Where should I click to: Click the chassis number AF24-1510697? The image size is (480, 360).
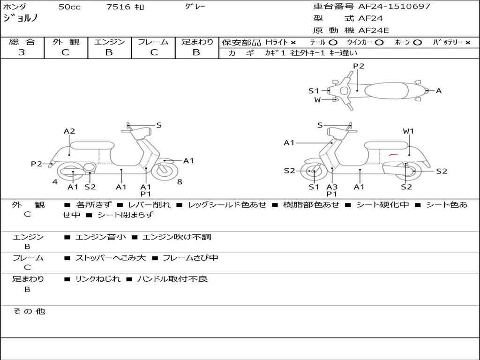tap(394, 6)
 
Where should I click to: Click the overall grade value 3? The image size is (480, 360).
tap(22, 52)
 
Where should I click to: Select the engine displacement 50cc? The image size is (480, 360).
tap(69, 7)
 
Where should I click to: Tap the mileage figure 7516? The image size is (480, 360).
tap(118, 7)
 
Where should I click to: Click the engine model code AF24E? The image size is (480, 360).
tap(374, 30)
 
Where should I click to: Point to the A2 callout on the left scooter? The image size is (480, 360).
tap(69, 131)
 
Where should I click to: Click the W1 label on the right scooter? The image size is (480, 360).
tap(408, 131)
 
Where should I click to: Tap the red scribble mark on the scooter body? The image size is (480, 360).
tap(394, 155)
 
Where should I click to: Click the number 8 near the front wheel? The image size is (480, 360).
tap(180, 182)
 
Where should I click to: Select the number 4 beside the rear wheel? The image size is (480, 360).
tap(55, 182)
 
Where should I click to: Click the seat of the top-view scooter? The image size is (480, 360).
tap(386, 90)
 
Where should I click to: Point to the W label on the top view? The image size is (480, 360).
tap(317, 99)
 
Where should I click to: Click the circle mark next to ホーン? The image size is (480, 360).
tap(417, 43)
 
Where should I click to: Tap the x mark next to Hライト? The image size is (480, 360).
tap(293, 43)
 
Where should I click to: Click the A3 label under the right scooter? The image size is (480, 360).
tap(332, 187)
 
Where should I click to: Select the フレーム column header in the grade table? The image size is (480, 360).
tap(153, 42)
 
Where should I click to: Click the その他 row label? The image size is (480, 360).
tap(29, 311)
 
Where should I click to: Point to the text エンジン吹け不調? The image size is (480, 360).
tap(177, 237)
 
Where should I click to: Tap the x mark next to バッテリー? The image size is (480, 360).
tap(467, 43)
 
